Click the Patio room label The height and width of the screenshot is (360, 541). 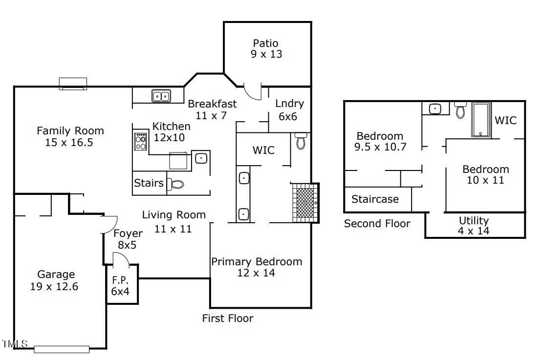point(265,43)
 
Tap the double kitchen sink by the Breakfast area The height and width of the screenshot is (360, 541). point(161,96)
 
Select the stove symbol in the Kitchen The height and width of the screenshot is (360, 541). point(140,141)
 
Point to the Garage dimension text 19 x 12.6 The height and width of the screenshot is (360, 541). point(54,287)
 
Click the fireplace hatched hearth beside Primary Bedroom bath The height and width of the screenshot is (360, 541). point(305,203)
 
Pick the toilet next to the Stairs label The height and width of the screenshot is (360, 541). point(175,184)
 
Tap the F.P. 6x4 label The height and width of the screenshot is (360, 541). point(120,286)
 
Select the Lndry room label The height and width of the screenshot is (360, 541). point(289,104)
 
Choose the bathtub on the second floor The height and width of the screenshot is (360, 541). point(481,120)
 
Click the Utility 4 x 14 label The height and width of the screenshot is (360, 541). point(474,226)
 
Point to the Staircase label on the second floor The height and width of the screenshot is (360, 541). point(375,199)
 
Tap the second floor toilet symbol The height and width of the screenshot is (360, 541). point(460,109)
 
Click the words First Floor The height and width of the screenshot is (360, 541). point(228,318)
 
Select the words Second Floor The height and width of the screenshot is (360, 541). point(377,223)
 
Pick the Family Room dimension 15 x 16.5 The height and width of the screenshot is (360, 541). point(69,143)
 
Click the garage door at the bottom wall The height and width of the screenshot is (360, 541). point(62,349)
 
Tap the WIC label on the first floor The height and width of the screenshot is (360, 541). point(263,150)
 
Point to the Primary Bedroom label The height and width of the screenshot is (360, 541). point(257,262)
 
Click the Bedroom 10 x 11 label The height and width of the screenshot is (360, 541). point(485,174)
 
